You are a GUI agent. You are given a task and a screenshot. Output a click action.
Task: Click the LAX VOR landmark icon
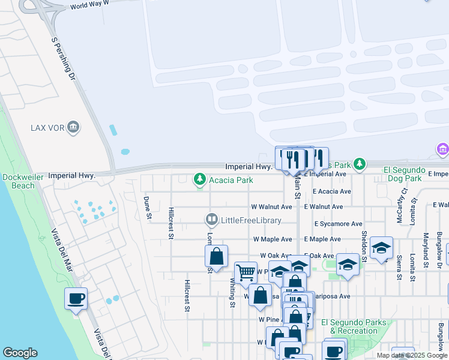(73, 127)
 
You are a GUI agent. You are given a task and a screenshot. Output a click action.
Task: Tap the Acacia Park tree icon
(199, 179)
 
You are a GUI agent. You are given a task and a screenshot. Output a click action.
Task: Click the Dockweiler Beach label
(22, 181)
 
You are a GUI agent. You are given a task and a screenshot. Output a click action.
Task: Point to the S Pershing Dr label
(63, 59)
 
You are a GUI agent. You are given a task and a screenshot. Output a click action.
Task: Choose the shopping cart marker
(246, 272)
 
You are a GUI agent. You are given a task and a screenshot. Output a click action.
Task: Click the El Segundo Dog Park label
(405, 174)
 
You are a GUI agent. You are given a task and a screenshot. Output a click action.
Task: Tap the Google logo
(20, 353)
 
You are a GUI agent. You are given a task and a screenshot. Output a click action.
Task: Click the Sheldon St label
(364, 245)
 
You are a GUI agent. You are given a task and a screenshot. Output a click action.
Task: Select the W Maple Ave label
(272, 239)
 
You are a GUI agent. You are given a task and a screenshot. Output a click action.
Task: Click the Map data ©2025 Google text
(412, 355)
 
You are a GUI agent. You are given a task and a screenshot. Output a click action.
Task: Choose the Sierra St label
(399, 268)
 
